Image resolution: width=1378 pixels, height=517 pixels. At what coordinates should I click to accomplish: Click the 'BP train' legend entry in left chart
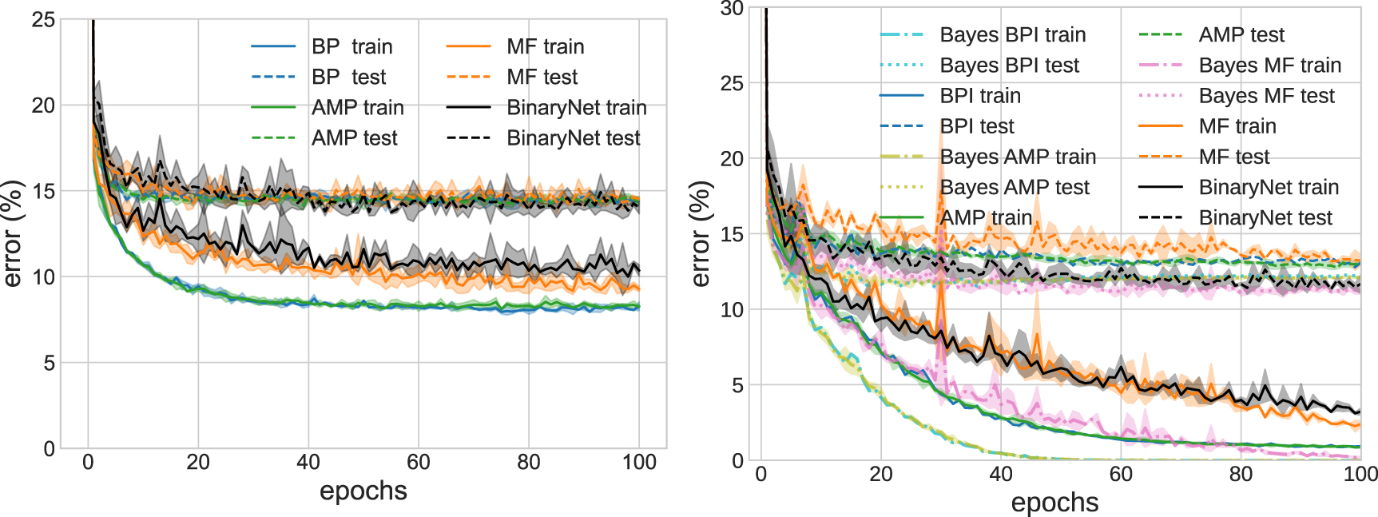click(x=351, y=46)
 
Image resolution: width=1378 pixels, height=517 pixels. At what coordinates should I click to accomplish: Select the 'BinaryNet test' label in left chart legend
click(x=573, y=138)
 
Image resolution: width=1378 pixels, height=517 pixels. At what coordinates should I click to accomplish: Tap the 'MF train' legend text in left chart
click(x=545, y=46)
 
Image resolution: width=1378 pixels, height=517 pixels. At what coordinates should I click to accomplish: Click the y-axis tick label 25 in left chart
click(x=43, y=20)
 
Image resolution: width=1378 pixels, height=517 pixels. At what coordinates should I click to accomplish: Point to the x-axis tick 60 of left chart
click(x=418, y=462)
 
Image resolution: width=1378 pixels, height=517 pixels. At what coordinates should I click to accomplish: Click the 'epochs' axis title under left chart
click(x=363, y=491)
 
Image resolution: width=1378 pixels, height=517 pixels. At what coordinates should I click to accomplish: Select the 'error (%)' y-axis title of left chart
click(x=12, y=233)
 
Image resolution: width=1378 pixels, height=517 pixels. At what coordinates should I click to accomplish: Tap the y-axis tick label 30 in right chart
click(x=732, y=9)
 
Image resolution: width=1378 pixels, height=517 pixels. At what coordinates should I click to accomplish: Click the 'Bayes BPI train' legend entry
click(x=1012, y=35)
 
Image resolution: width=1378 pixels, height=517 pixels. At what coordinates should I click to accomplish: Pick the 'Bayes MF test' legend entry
click(x=1266, y=96)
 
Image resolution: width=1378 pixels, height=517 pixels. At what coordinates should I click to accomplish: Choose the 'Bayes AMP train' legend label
click(x=1017, y=157)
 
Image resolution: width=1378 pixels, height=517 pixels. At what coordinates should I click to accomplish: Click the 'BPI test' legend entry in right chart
click(x=976, y=126)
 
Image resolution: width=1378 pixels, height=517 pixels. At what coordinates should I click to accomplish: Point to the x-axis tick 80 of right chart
click(x=1241, y=474)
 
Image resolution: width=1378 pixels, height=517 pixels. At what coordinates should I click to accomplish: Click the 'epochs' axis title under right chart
click(x=1054, y=503)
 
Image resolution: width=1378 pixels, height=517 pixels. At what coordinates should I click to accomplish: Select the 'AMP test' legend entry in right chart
click(x=1241, y=35)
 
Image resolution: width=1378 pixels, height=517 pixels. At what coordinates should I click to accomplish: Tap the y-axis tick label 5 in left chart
click(x=49, y=363)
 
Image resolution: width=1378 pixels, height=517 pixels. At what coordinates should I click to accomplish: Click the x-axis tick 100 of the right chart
click(x=1360, y=474)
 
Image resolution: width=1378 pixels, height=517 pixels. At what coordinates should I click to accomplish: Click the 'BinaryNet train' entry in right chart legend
click(x=1268, y=187)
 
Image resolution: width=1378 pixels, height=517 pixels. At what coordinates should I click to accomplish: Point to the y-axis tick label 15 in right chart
click(x=732, y=234)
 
